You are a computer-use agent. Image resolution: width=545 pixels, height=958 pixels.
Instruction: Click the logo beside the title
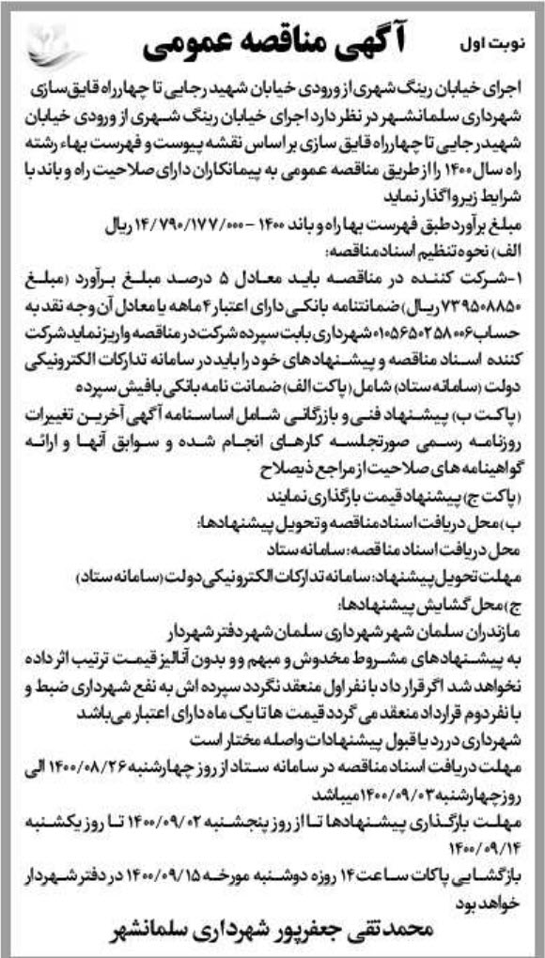51,44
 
